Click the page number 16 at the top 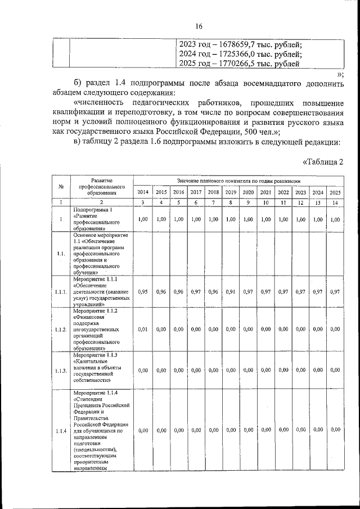pyautogui.click(x=199, y=26)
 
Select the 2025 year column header pyautogui.click(x=335, y=192)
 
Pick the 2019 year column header pyautogui.click(x=230, y=192)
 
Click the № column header pyautogui.click(x=60, y=187)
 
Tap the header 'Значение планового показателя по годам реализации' pyautogui.click(x=238, y=180)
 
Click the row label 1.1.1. pyautogui.click(x=61, y=291)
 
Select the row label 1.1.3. pyautogui.click(x=61, y=370)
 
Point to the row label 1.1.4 pyautogui.click(x=61, y=430)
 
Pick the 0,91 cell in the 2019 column pyautogui.click(x=230, y=291)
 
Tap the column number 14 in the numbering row pyautogui.click(x=335, y=202)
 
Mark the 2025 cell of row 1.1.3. pyautogui.click(x=335, y=370)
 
